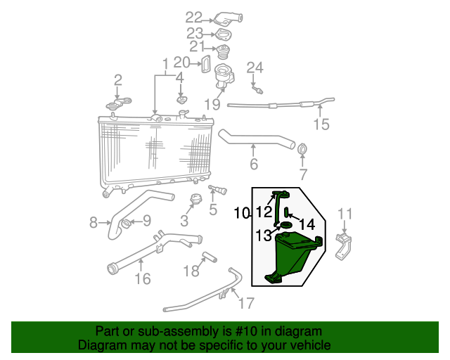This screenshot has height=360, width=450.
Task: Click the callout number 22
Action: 193,17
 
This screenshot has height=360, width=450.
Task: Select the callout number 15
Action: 321,125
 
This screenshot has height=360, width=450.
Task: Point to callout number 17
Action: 246,304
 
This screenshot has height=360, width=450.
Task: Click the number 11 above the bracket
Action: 345,214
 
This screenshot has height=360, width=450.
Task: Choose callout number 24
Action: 255,68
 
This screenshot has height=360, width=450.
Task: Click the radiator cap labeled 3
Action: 198,200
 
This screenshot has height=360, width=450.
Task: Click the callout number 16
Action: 143,279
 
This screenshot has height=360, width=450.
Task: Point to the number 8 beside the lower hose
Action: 94,224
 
